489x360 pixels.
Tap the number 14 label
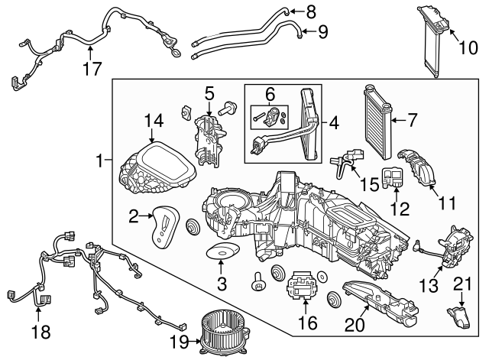[154, 120]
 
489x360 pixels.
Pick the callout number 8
[309, 11]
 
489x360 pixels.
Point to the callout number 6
[270, 94]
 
